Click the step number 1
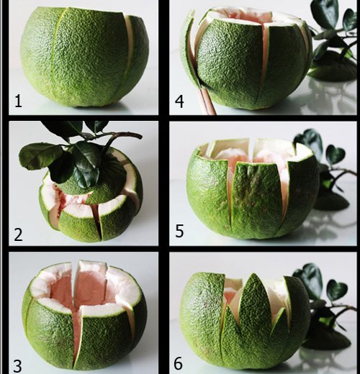tap(18, 101)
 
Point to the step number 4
tap(179, 101)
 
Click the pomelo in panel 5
tap(248, 194)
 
